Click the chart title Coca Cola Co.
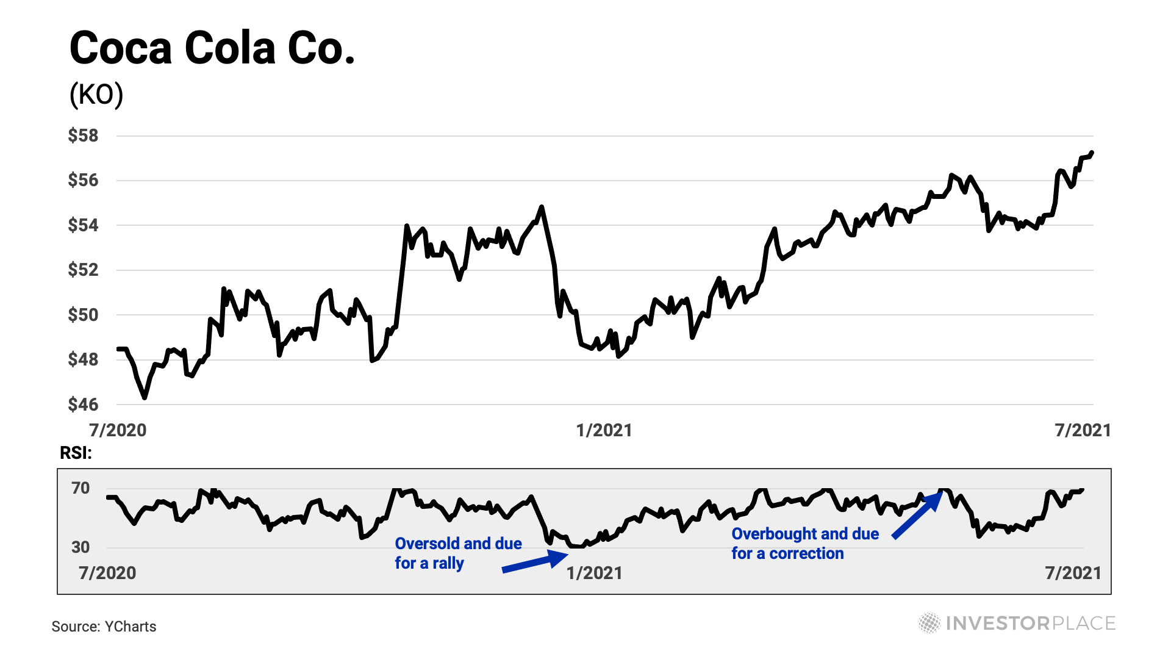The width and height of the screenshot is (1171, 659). [212, 49]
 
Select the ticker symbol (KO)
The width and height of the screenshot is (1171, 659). [96, 95]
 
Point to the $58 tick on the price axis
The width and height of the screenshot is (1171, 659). [83, 135]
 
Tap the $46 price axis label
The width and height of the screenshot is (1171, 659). [83, 404]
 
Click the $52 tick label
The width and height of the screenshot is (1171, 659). [83, 270]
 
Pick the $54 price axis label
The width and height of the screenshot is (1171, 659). [83, 225]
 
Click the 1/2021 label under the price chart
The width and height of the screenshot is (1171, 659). [604, 430]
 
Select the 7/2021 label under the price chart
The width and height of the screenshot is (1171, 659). [1083, 430]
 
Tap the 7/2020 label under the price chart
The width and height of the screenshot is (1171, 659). [118, 430]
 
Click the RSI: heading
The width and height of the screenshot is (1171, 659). [76, 453]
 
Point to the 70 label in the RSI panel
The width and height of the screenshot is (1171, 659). [81, 488]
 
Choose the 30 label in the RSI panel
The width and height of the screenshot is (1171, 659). [81, 547]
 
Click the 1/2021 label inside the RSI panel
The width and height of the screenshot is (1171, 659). [594, 573]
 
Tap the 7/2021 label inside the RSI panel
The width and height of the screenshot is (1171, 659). [1073, 573]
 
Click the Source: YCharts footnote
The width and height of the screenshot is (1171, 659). [104, 627]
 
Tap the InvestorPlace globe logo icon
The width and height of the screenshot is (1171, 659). [929, 623]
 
